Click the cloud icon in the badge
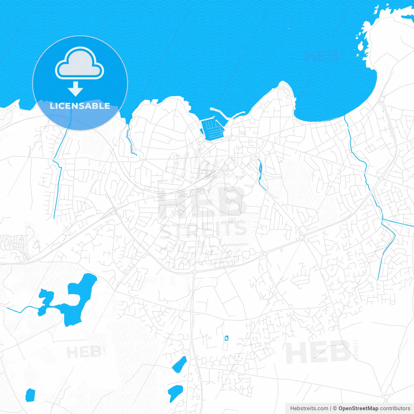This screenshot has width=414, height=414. pyautogui.click(x=80, y=63)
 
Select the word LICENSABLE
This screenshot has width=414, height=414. pyautogui.click(x=80, y=106)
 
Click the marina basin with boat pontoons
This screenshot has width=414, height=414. pyautogui.click(x=212, y=129)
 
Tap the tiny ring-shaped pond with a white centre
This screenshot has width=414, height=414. pyautogui.click(x=226, y=338)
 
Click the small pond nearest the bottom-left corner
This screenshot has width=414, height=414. pyautogui.click(x=30, y=395)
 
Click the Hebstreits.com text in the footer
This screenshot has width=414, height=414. pyautogui.click(x=309, y=409)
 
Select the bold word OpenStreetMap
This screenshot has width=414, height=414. pyautogui.click(x=358, y=409)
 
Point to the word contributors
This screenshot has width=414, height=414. pyautogui.click(x=395, y=409)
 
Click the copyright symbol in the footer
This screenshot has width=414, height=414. pyautogui.click(x=335, y=409)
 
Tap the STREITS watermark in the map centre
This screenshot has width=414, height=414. pyautogui.click(x=203, y=228)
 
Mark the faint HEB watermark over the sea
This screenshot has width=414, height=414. pyautogui.click(x=322, y=56)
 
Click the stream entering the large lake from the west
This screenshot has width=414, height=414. pyautogui.click(x=23, y=309)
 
